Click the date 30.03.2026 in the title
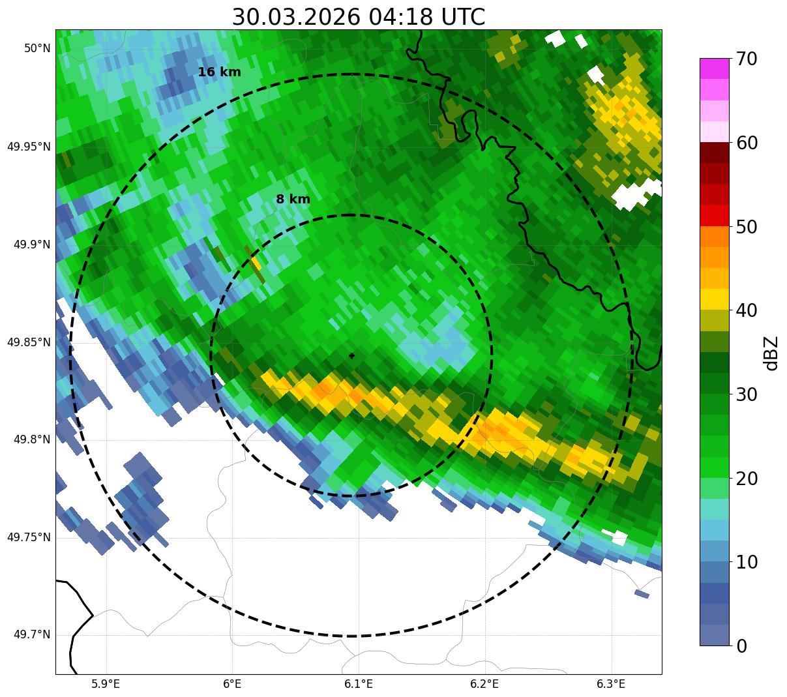[x=295, y=17]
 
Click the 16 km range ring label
[x=219, y=72]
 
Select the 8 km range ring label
[x=293, y=200]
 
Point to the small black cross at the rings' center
[x=352, y=355]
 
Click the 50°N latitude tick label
[x=37, y=48]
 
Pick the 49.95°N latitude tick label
[x=29, y=146]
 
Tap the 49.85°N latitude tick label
[x=29, y=342]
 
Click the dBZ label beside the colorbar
[x=771, y=353]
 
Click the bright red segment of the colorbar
[x=714, y=215]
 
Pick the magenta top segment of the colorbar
[x=714, y=68]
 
